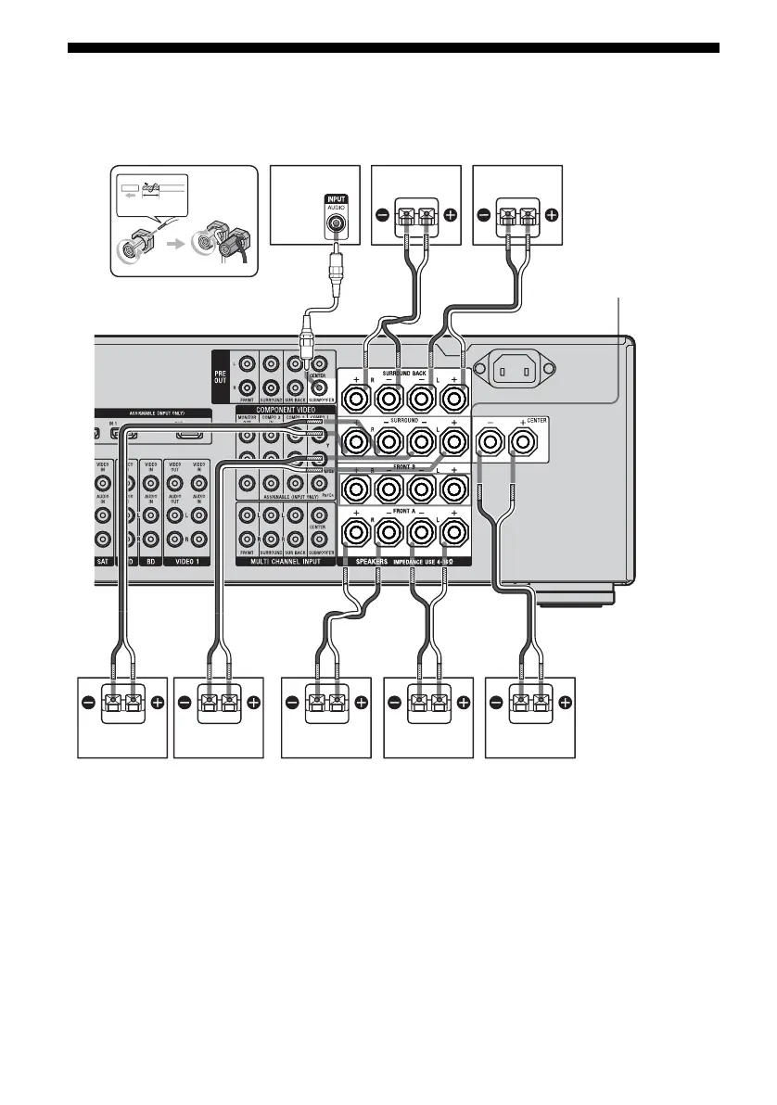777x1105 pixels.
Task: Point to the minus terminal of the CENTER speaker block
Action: pos(490,443)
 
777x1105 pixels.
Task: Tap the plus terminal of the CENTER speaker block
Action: pos(524,443)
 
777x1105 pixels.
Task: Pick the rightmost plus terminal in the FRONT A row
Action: pos(454,533)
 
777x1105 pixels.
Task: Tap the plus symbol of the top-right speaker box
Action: pos(552,214)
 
